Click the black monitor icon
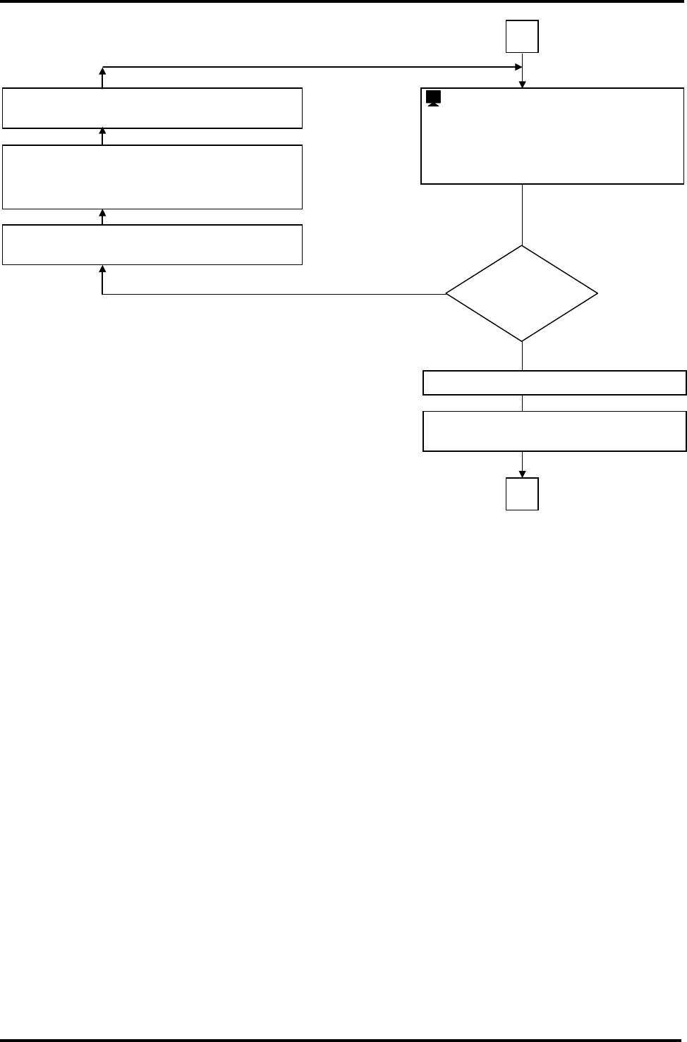(434, 99)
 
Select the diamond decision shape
(522, 293)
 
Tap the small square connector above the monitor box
(522, 37)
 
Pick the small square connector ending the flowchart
(522, 494)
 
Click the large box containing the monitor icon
(552, 136)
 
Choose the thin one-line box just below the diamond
(554, 383)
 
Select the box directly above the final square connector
(554, 431)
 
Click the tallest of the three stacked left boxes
(152, 177)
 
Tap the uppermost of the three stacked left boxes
(152, 108)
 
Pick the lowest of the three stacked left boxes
(152, 245)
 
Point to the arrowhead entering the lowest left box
(103, 269)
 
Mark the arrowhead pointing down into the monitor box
(523, 85)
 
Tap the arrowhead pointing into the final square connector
(523, 474)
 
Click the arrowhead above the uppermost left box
(103, 71)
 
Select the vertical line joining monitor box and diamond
(523, 214)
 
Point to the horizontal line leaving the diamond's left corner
(275, 294)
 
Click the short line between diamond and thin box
(523, 356)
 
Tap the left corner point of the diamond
(446, 293)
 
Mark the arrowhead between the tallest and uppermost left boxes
(103, 133)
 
